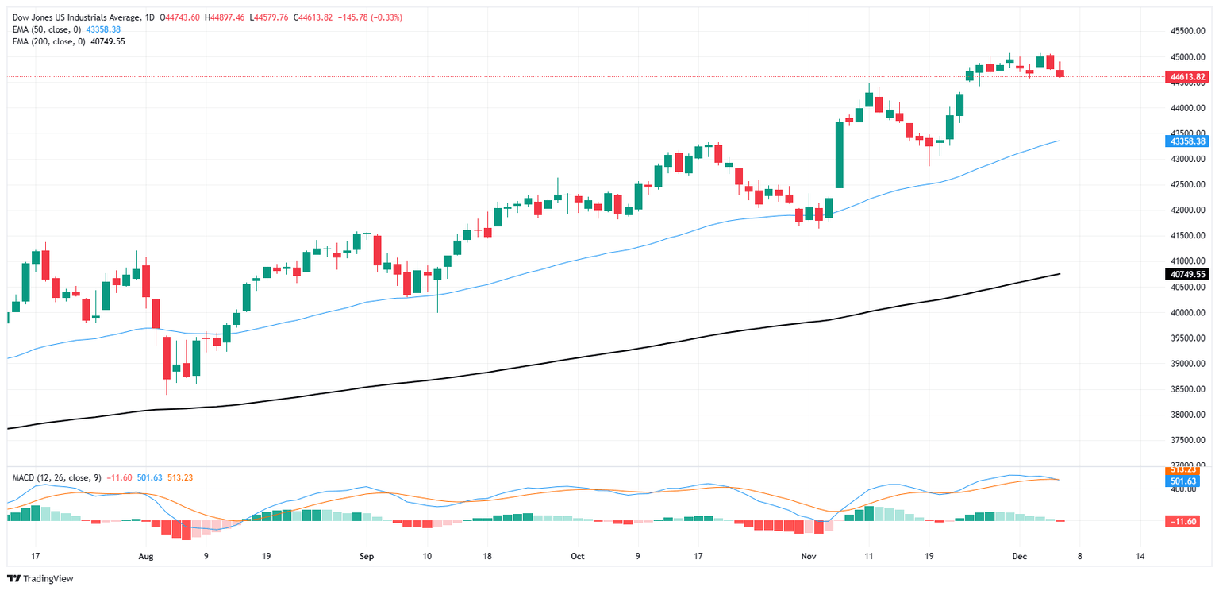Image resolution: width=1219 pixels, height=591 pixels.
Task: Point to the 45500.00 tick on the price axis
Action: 1187,31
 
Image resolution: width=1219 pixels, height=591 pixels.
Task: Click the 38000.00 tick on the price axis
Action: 1187,415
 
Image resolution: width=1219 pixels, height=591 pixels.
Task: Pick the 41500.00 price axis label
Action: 1187,236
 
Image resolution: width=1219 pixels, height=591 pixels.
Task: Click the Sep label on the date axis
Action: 366,556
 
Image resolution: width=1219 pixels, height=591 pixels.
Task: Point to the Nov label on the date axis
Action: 808,556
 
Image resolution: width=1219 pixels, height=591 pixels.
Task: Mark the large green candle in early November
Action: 839,154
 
